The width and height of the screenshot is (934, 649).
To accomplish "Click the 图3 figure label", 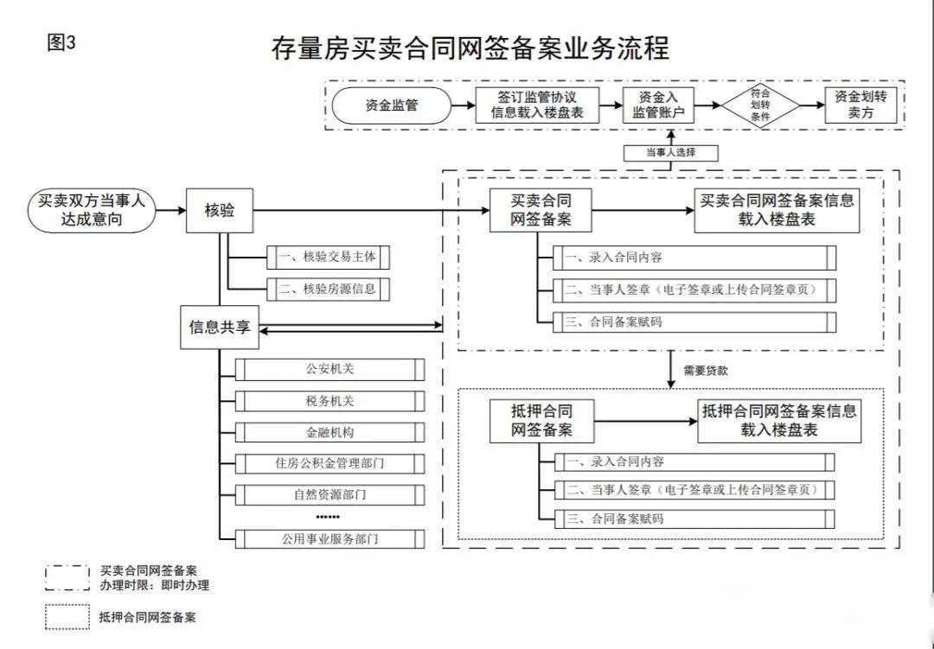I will [x=61, y=43].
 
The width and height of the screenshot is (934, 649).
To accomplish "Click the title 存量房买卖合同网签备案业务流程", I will [x=470, y=48].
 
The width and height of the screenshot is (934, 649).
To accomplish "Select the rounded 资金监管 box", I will [x=392, y=105].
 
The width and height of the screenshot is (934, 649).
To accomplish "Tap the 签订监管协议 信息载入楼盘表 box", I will [x=537, y=105].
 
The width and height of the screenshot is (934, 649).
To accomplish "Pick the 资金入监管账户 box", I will [x=658, y=105].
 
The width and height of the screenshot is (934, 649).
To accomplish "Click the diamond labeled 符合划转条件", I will [x=760, y=105].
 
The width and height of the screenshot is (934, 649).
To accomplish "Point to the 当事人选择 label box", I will [x=670, y=153].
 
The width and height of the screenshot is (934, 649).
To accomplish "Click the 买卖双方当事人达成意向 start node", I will [x=93, y=210].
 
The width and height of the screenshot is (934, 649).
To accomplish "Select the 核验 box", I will [x=220, y=210].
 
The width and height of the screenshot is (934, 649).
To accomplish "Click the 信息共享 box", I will [x=220, y=328].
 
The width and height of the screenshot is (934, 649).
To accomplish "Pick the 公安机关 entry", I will [x=329, y=370].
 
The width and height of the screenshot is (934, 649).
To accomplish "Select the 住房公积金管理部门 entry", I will [x=329, y=463].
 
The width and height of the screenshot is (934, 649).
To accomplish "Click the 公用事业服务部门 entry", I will [x=329, y=539].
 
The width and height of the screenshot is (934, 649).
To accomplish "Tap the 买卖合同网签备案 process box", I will [x=542, y=210].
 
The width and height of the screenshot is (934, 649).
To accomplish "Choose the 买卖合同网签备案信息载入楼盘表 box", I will [x=777, y=210].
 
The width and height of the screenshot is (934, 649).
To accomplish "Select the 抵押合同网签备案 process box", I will [x=542, y=420].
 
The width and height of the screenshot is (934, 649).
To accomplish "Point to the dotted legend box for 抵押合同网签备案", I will [x=67, y=617].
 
